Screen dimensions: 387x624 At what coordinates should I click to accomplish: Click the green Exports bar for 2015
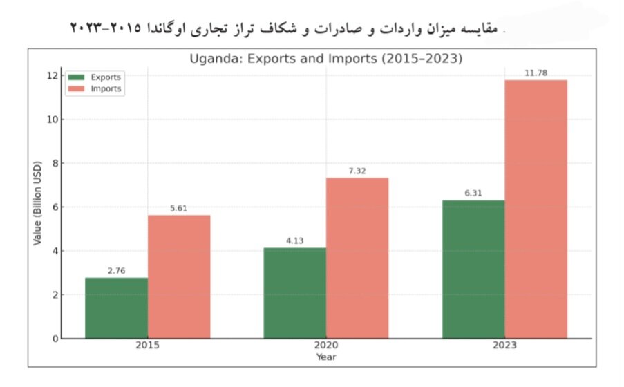click(116, 308)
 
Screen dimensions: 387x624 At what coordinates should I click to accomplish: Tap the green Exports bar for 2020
click(295, 292)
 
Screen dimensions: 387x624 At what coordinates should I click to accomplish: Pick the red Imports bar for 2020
click(357, 258)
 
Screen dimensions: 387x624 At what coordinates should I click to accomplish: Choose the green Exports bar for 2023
click(473, 269)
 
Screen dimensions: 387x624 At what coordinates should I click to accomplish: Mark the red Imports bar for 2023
click(536, 209)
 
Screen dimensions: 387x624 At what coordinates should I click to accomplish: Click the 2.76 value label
click(117, 270)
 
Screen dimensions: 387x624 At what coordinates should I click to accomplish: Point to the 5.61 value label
click(179, 208)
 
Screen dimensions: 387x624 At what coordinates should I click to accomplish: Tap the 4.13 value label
click(295, 240)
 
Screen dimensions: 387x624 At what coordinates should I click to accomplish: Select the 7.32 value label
click(357, 171)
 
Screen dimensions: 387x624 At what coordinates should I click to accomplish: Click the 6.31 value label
click(473, 193)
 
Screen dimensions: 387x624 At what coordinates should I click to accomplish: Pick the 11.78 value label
click(536, 73)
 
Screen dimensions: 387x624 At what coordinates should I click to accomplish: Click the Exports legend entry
click(96, 77)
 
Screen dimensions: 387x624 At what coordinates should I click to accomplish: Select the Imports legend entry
click(96, 88)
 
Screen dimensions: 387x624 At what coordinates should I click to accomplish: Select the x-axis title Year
click(326, 357)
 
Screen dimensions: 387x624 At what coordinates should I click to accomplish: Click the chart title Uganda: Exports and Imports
click(325, 59)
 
